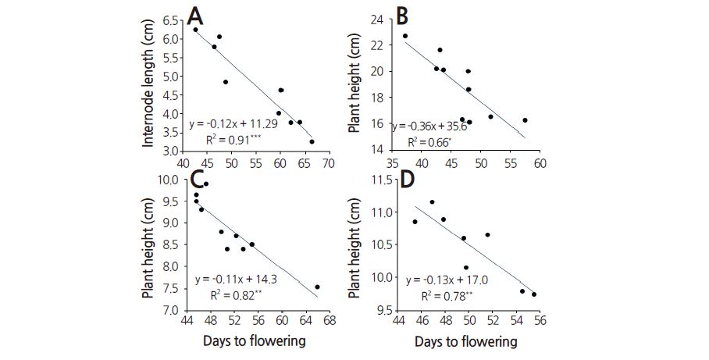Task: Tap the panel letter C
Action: click(198, 180)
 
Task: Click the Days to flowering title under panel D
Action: click(465, 341)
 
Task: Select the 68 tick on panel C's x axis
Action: click(330, 320)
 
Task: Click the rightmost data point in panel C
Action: click(317, 287)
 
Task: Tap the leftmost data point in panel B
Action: click(405, 36)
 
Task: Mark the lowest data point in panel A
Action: click(312, 141)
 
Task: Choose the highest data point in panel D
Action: click(432, 202)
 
